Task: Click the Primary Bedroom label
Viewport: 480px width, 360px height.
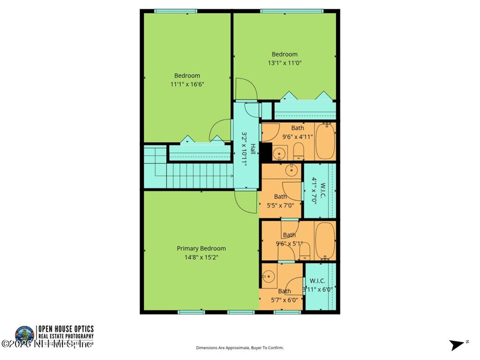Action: (x=201, y=248)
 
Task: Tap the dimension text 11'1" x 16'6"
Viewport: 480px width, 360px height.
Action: (x=187, y=85)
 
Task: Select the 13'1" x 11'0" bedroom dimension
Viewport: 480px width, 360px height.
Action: (x=284, y=63)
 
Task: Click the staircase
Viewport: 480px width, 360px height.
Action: (x=198, y=175)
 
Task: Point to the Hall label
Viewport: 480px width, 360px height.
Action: (x=253, y=148)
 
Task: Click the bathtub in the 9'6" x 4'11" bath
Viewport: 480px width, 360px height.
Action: (x=326, y=142)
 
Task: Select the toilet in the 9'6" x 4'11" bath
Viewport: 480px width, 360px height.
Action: (x=298, y=152)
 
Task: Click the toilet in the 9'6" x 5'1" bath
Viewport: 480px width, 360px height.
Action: (x=304, y=251)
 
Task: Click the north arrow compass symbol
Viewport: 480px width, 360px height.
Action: (x=458, y=344)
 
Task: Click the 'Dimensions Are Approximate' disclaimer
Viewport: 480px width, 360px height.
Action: (x=240, y=347)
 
